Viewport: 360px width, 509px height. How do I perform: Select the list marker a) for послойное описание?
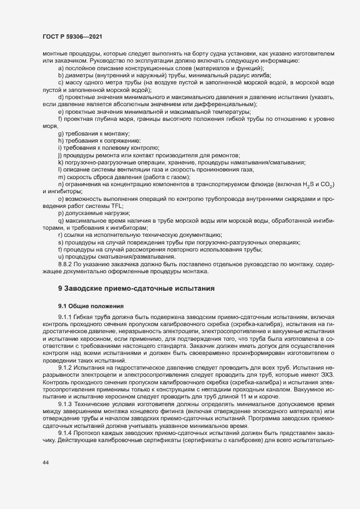[x=60, y=69]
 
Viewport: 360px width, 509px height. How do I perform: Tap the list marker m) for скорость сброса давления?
[x=61, y=178]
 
